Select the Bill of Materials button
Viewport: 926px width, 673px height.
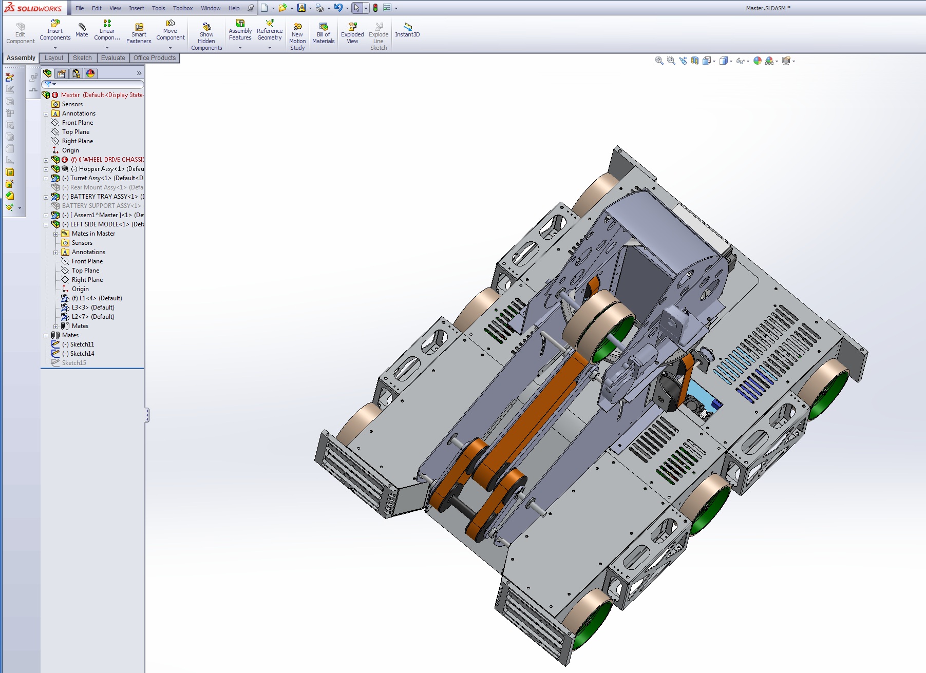pos(323,33)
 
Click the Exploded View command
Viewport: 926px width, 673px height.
pos(352,33)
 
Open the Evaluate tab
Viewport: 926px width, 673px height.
pos(113,58)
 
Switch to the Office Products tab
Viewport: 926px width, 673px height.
pos(155,58)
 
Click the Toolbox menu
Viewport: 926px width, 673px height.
pos(183,8)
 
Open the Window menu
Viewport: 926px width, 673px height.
pos(211,8)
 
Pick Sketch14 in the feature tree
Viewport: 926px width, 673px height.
pos(82,354)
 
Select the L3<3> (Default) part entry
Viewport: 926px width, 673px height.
pos(92,307)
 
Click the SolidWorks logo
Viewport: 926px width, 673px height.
pos(33,8)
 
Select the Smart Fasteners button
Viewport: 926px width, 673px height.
pos(139,33)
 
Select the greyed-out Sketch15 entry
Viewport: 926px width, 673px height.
pos(74,363)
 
